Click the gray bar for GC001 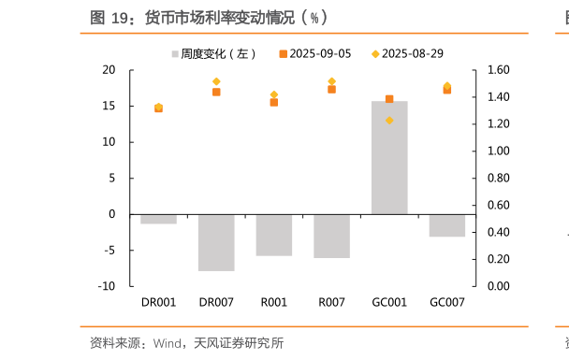click(389, 157)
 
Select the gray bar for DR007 click(216, 242)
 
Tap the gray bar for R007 click(331, 236)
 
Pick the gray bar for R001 click(274, 235)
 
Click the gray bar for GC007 click(446, 225)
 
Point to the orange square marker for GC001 click(389, 99)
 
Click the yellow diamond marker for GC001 click(389, 121)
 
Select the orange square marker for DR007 click(216, 92)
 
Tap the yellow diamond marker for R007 click(331, 81)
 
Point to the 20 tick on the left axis click(109, 70)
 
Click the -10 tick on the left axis click(107, 286)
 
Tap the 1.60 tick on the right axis click(498, 70)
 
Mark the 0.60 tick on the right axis click(498, 205)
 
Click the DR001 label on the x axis click(158, 302)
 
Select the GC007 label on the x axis click(446, 302)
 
